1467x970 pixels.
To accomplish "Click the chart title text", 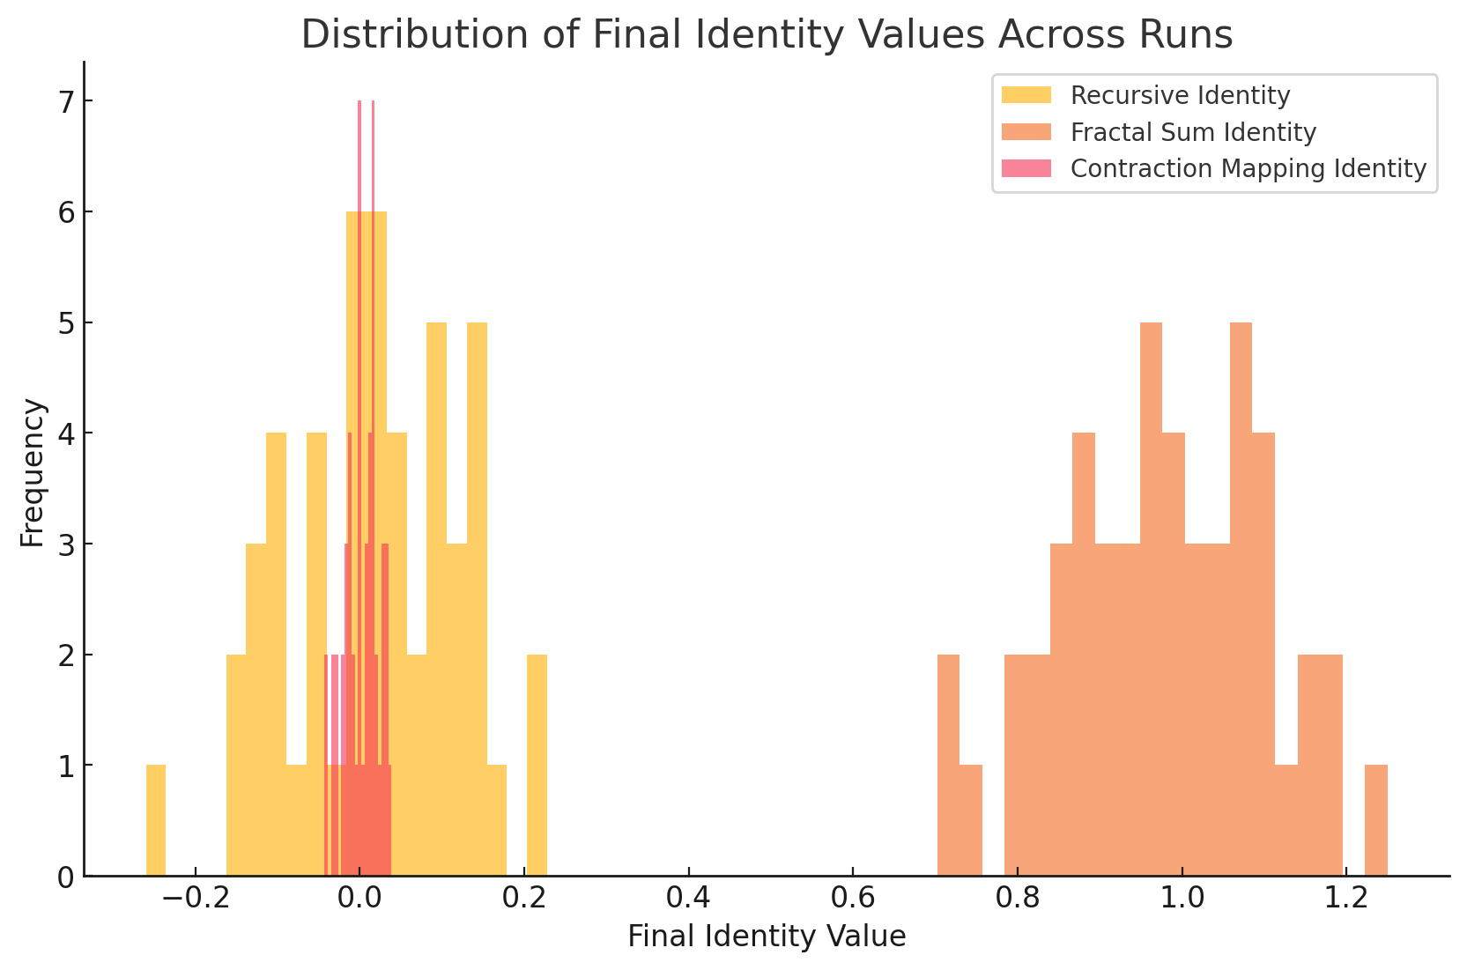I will [767, 35].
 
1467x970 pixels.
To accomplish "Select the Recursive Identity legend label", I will [1180, 95].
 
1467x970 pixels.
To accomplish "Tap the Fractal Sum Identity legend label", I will [1193, 132].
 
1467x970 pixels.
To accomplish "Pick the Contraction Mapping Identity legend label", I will [1248, 168].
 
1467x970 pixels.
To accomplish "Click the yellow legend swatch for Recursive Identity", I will [1026, 95].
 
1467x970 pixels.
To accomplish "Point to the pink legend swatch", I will [1026, 168].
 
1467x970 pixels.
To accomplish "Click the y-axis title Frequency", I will [33, 472].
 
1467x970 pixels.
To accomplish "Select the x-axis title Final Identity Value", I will [767, 937].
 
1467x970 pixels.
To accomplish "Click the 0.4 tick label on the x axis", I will [687, 899].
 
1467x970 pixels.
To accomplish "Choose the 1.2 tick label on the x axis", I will [1345, 899].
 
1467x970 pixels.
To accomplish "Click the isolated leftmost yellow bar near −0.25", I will [156, 820].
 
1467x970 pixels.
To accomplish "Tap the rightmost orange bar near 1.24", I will [1375, 820].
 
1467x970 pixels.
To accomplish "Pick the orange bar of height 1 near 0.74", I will [970, 820].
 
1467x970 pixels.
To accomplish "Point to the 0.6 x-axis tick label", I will [852, 899].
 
